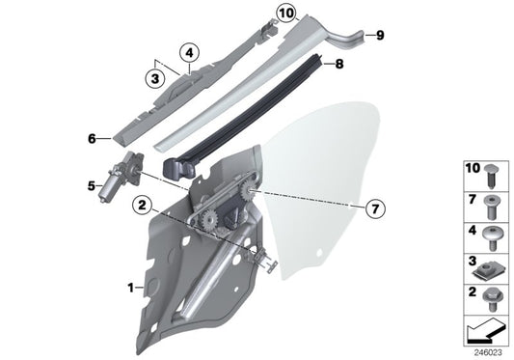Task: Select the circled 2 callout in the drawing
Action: [x=142, y=204]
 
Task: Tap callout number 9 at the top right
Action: [x=379, y=36]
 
